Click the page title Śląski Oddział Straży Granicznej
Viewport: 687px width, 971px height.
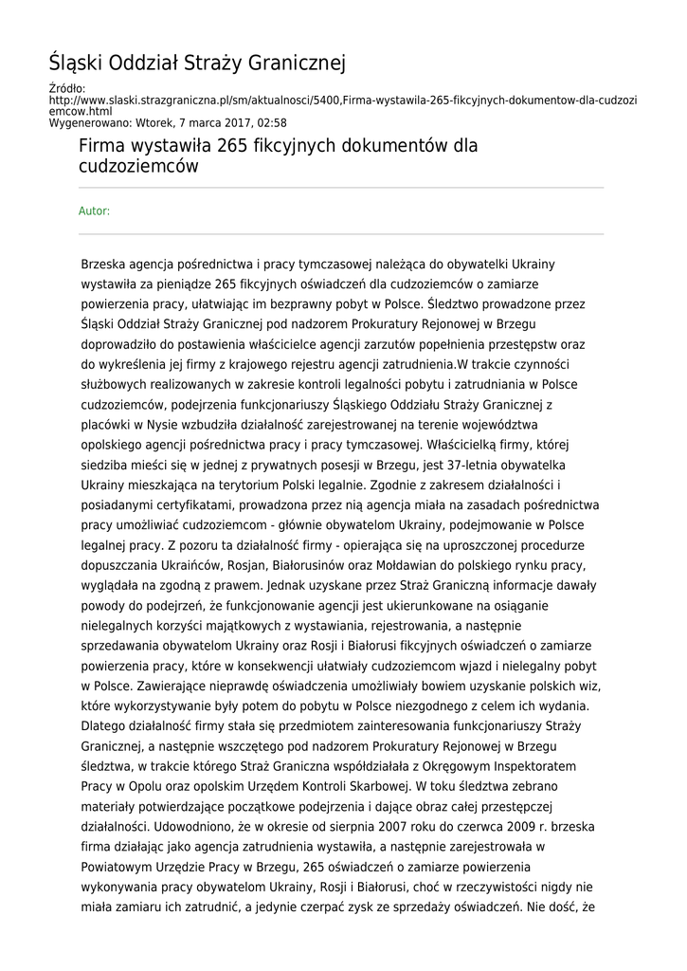[197, 64]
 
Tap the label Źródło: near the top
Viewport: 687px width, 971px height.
[66, 88]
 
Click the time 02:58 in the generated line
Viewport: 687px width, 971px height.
[271, 122]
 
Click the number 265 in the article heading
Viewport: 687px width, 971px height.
[233, 147]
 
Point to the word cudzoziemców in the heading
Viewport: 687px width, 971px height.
[138, 167]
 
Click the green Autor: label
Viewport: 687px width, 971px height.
[94, 211]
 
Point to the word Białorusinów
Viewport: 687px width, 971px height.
[275, 545]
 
